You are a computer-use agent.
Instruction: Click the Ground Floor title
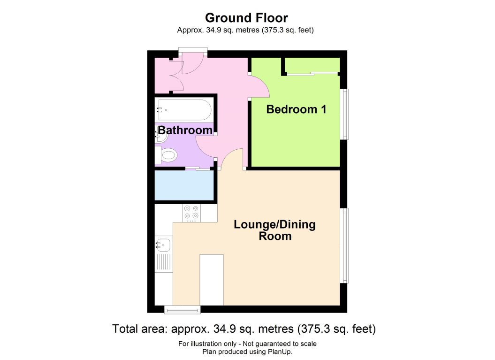click(x=246, y=18)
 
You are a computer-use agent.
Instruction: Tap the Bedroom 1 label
click(x=296, y=109)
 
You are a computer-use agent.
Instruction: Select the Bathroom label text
click(x=185, y=130)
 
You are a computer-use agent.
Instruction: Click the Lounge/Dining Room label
click(x=275, y=230)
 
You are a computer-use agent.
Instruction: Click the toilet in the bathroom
click(x=168, y=154)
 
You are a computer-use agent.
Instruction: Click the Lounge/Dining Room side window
click(x=345, y=245)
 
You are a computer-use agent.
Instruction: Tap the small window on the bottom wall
click(x=182, y=309)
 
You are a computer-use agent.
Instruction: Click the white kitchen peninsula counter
click(x=212, y=280)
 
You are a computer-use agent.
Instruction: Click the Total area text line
click(x=244, y=329)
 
